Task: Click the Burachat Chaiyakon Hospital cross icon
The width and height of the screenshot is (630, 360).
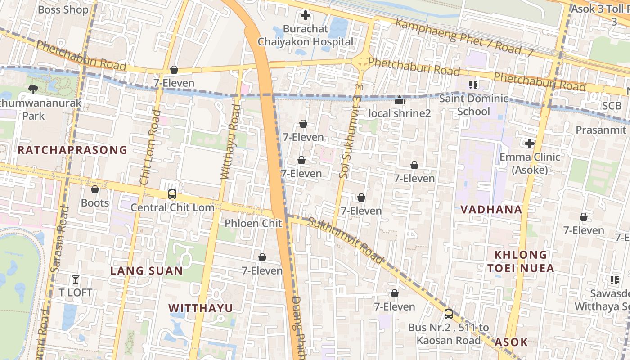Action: coord(306,16)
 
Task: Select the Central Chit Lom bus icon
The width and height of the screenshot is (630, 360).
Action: coord(172,194)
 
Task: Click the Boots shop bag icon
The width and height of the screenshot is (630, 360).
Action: coord(95,190)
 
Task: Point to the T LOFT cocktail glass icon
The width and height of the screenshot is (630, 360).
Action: coord(76,279)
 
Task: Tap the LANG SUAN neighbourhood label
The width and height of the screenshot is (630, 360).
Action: coord(147,271)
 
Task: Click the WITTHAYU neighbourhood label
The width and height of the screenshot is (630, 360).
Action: coord(201,308)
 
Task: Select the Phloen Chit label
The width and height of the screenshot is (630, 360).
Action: coord(253,223)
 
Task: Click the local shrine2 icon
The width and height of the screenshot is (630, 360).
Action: coord(399,100)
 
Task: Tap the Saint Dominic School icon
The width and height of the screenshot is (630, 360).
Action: coord(473,85)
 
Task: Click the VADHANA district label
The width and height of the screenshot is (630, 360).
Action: coord(491,209)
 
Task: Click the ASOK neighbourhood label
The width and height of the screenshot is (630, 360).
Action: coord(511,342)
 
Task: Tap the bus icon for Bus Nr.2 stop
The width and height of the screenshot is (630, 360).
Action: coord(449,314)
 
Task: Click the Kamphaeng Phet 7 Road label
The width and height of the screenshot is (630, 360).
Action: coord(463,38)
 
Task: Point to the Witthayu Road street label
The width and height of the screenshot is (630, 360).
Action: coord(230,142)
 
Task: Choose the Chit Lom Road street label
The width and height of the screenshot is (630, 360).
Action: coord(150,148)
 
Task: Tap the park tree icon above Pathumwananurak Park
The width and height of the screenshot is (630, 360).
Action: coord(33,90)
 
